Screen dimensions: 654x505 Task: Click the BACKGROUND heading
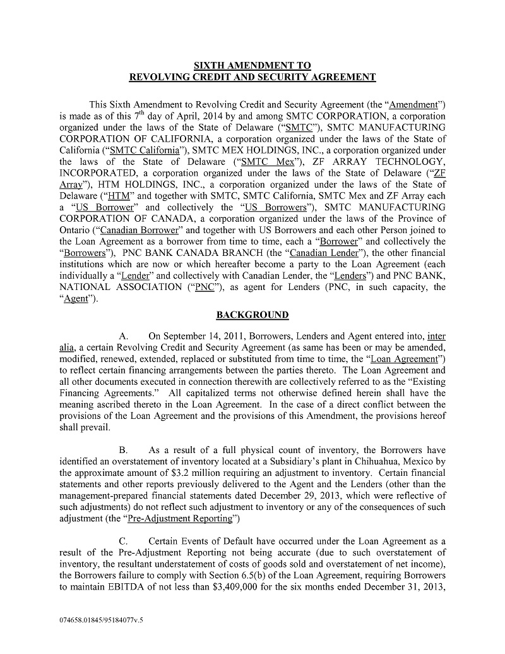click(x=252, y=315)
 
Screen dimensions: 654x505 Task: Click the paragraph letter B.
click(x=122, y=451)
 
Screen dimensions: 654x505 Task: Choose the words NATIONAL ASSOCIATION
click(x=117, y=287)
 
